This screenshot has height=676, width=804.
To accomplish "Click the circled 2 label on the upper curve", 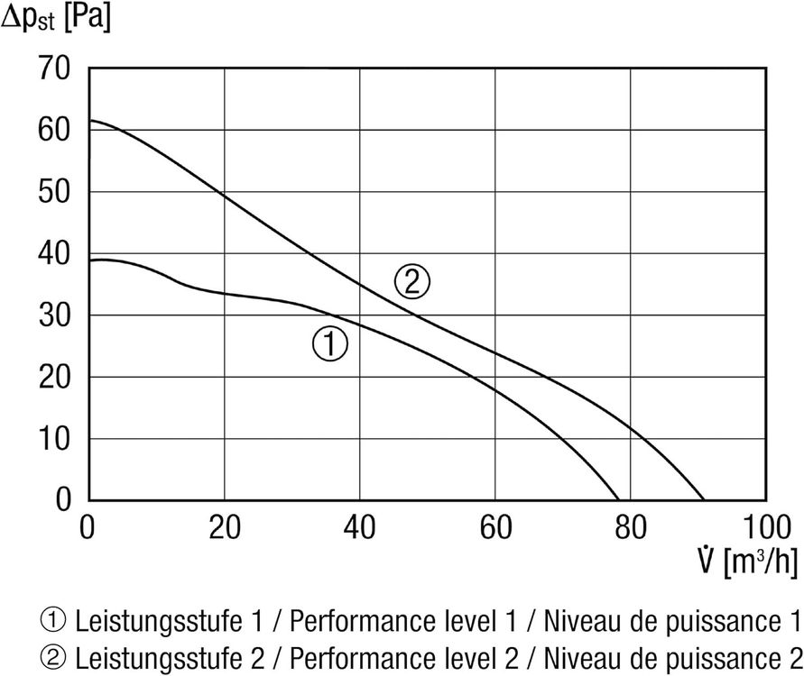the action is click(411, 281).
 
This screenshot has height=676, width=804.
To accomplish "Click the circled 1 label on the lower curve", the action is click(330, 344).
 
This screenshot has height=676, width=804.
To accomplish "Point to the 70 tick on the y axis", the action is click(54, 69).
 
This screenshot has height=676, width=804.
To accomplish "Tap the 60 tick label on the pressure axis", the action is click(54, 130).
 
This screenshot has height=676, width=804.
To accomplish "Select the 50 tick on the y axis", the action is click(54, 192).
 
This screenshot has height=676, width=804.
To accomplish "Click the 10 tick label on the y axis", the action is click(54, 439).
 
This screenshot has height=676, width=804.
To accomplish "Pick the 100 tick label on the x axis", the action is click(767, 527).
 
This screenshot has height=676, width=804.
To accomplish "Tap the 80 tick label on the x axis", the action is click(631, 527).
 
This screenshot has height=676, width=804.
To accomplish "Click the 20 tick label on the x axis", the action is click(225, 527).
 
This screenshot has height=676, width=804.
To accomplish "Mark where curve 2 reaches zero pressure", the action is click(704, 500).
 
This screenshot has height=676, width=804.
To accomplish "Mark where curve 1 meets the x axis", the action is click(619, 500).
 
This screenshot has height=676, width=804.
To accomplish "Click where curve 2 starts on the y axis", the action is click(89, 121).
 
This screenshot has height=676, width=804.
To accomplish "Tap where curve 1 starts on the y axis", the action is click(89, 260).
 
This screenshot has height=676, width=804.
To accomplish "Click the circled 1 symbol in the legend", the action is click(53, 621).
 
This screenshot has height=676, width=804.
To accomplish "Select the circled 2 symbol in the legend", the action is click(53, 659).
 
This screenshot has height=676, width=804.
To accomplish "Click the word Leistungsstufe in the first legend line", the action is click(159, 622).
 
